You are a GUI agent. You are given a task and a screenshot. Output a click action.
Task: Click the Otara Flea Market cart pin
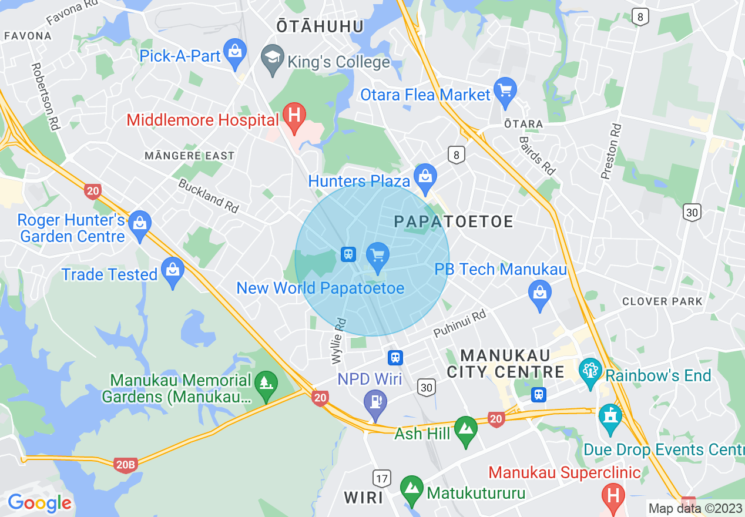(505, 91)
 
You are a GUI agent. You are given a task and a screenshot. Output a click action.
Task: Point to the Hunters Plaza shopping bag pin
(424, 177)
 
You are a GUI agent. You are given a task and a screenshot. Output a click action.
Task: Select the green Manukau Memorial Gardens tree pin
(266, 384)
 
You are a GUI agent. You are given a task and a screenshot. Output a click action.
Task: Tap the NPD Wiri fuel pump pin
(375, 403)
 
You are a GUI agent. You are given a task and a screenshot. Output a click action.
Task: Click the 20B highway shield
(125, 465)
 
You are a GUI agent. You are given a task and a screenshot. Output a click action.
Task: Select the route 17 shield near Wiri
(382, 478)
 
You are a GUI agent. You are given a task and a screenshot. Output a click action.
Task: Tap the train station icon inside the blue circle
(348, 254)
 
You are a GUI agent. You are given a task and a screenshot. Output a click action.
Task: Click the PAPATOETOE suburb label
(454, 221)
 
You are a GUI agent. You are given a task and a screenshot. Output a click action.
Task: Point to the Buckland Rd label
(209, 196)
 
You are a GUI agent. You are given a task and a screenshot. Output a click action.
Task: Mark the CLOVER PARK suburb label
(662, 301)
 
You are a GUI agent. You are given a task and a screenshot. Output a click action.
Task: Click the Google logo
(39, 503)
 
